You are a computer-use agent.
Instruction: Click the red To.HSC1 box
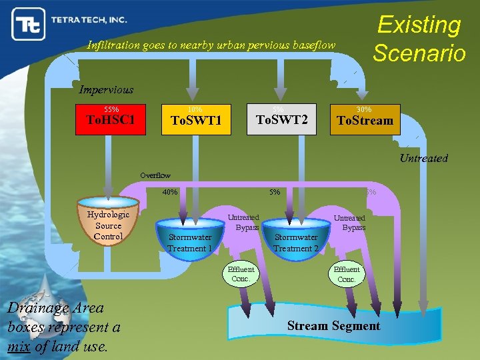click(111, 119)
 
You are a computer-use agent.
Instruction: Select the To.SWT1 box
click(196, 119)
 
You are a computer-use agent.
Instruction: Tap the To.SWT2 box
click(282, 119)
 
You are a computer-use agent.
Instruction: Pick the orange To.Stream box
click(365, 119)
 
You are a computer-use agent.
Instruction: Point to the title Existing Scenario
click(419, 38)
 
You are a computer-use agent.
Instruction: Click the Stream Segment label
click(333, 325)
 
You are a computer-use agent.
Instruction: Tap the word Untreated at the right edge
click(423, 158)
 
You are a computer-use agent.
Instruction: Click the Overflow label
click(155, 175)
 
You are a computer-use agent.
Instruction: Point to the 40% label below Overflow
click(170, 192)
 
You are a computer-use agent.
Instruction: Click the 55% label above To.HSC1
click(111, 109)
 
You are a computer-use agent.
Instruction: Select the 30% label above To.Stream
click(364, 109)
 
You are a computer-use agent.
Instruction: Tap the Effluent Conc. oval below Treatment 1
click(241, 274)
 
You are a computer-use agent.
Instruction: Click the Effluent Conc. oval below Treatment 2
click(347, 274)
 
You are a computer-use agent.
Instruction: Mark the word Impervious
click(106, 89)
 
